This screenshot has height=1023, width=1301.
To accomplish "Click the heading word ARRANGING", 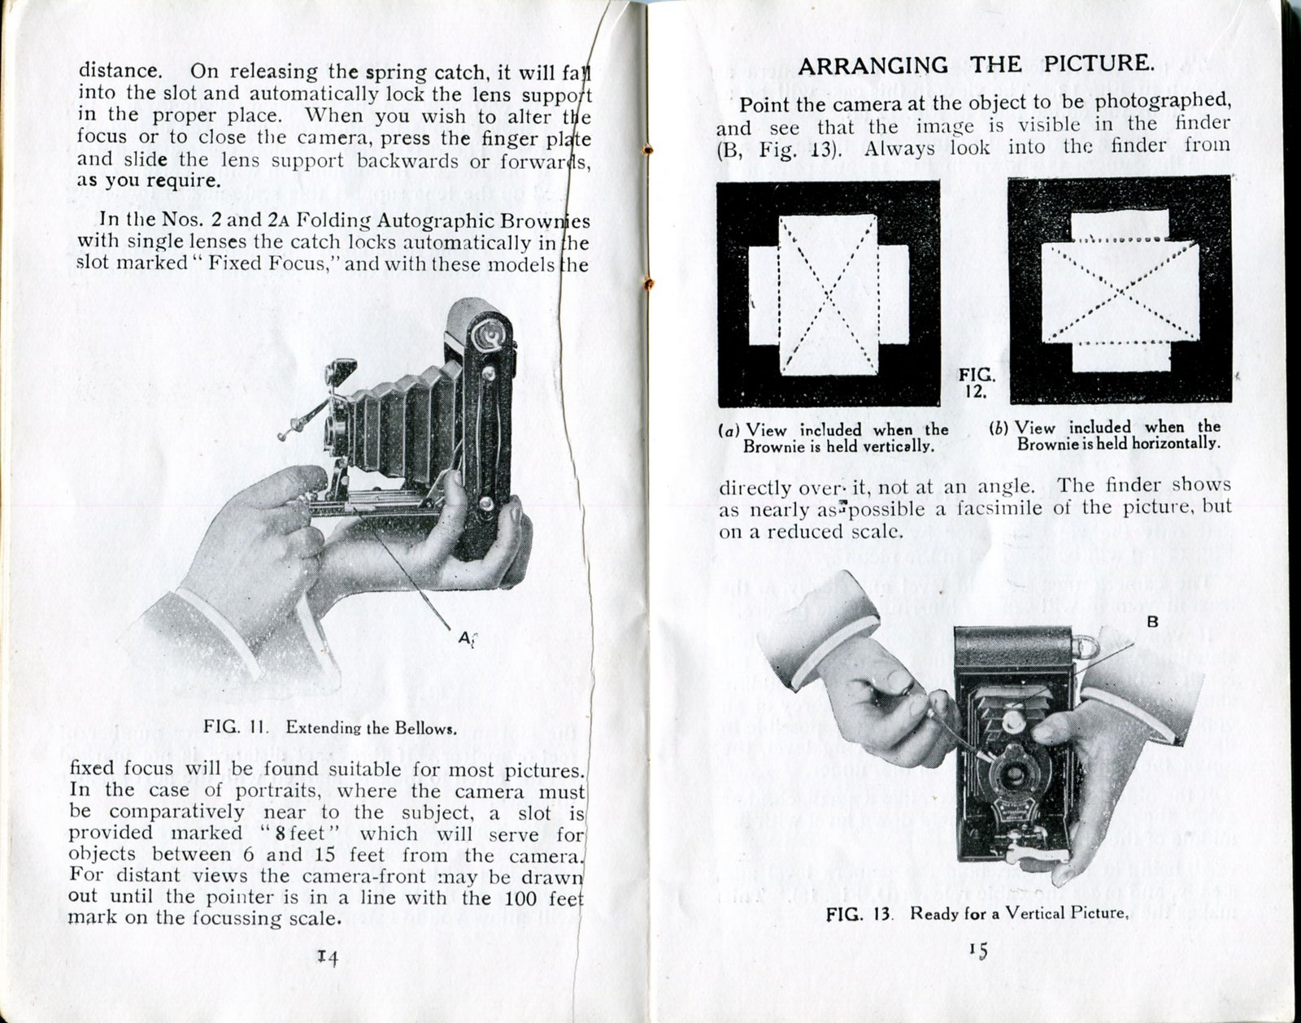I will click(872, 65).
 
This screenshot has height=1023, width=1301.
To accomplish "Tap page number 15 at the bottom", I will click(977, 950).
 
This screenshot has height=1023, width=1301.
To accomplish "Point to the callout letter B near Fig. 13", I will click(1151, 622).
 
